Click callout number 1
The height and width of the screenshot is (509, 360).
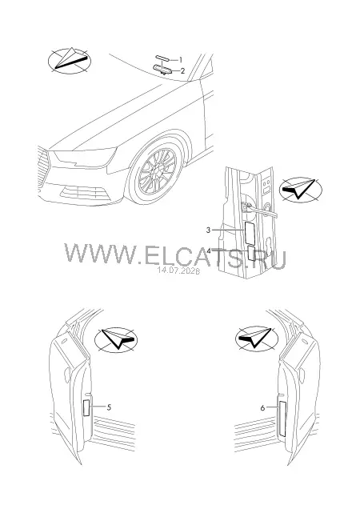point(181,60)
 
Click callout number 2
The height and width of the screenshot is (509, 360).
point(182,70)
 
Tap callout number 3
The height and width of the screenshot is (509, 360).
point(208,230)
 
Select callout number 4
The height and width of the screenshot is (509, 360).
point(209,251)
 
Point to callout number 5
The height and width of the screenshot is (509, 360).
point(109,407)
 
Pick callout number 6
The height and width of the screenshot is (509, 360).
point(262,407)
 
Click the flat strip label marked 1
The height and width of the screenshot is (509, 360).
point(162,58)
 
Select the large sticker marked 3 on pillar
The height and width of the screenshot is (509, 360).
point(250,233)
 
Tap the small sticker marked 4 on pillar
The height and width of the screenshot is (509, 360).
point(252,253)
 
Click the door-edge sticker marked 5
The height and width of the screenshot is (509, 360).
point(86,408)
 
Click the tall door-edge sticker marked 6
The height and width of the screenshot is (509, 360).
point(282,419)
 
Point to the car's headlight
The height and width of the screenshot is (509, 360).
point(84,157)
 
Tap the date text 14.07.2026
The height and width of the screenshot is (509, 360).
point(178,270)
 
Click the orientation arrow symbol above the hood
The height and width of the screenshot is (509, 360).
point(70,60)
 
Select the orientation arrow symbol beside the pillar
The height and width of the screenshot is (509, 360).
point(300,190)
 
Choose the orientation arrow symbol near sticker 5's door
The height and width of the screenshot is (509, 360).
point(116,340)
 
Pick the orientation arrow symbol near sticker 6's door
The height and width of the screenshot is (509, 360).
point(257,339)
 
